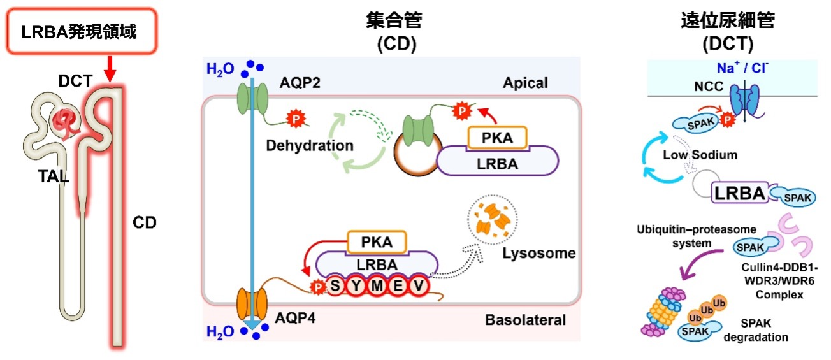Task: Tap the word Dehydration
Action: pos(310,145)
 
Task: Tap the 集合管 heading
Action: pos(394,21)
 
